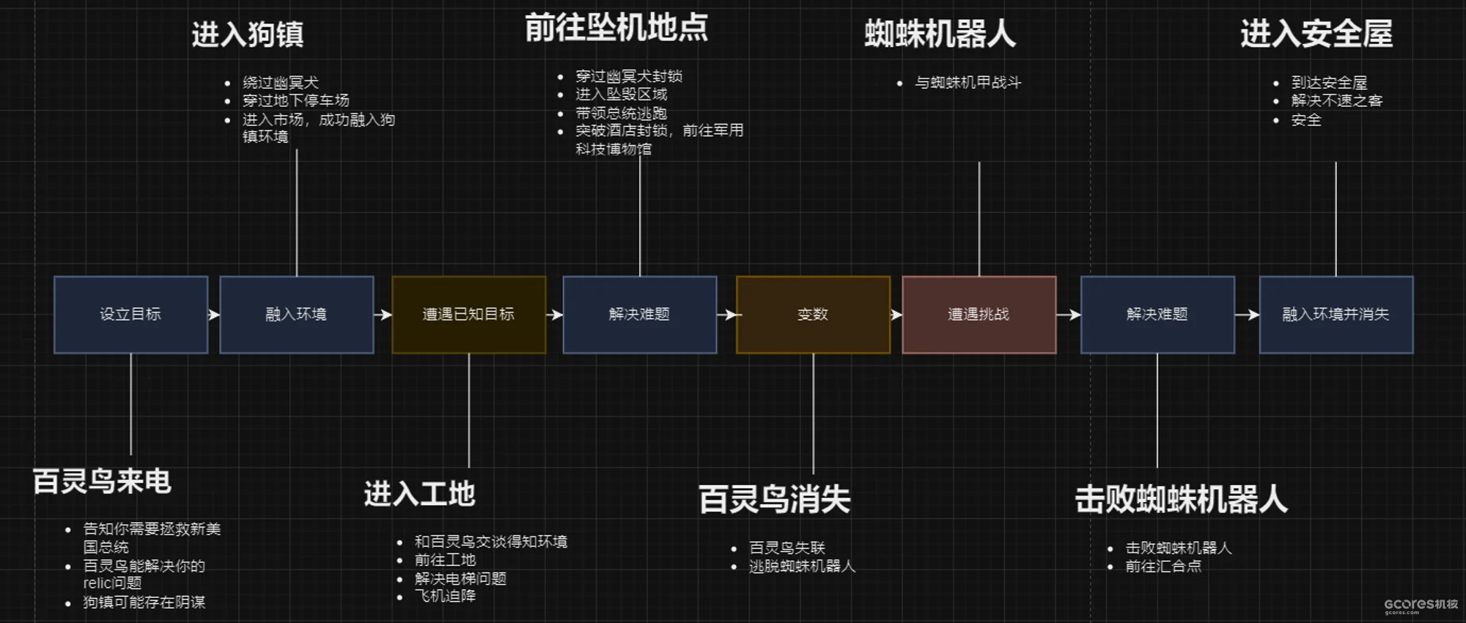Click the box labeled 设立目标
130,314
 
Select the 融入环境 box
296,314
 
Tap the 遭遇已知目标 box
468,314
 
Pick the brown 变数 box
813,314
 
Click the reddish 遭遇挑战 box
979,314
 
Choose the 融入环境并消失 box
1336,314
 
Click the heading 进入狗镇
248,34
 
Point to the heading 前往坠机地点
616,28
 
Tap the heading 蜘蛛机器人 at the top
940,34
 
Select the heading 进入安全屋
1316,34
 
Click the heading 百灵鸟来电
102,482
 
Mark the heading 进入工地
419,494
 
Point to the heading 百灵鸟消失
774,500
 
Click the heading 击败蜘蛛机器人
1181,500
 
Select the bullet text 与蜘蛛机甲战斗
968,83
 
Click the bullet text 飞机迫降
445,596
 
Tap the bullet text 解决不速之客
1336,100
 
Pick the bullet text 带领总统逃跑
621,113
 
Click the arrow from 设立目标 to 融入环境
213,314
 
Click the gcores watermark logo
1420,605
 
